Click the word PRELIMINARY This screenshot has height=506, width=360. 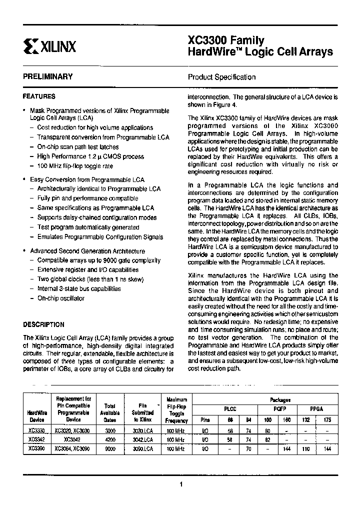[47, 76]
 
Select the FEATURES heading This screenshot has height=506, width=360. [39, 96]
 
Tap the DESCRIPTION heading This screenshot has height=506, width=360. [43, 324]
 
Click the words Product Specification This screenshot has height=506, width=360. [221, 77]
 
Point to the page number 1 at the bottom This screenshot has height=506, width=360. [180, 484]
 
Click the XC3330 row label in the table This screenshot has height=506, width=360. [36, 430]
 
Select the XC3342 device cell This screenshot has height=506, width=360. [36, 439]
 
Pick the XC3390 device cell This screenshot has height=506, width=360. [36, 449]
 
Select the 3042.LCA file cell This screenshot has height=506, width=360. [143, 439]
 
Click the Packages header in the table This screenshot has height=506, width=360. [280, 400]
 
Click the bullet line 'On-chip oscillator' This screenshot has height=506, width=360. [60, 298]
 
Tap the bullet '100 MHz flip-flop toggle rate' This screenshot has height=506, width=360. [75, 166]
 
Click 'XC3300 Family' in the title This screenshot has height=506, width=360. [226, 41]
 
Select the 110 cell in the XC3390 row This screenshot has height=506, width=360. [306, 449]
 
